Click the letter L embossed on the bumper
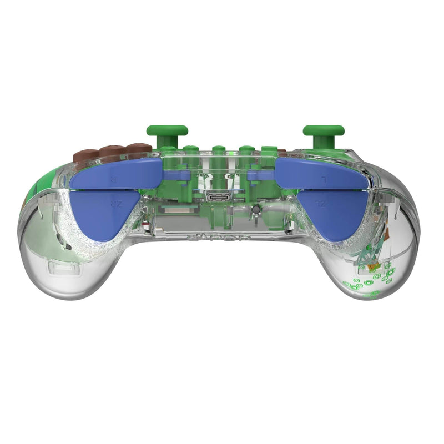coord(325,179)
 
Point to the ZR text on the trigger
coord(115,204)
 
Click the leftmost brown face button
coord(86,154)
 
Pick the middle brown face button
coord(110,150)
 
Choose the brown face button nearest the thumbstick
coord(135,148)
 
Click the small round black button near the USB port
coord(256,210)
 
